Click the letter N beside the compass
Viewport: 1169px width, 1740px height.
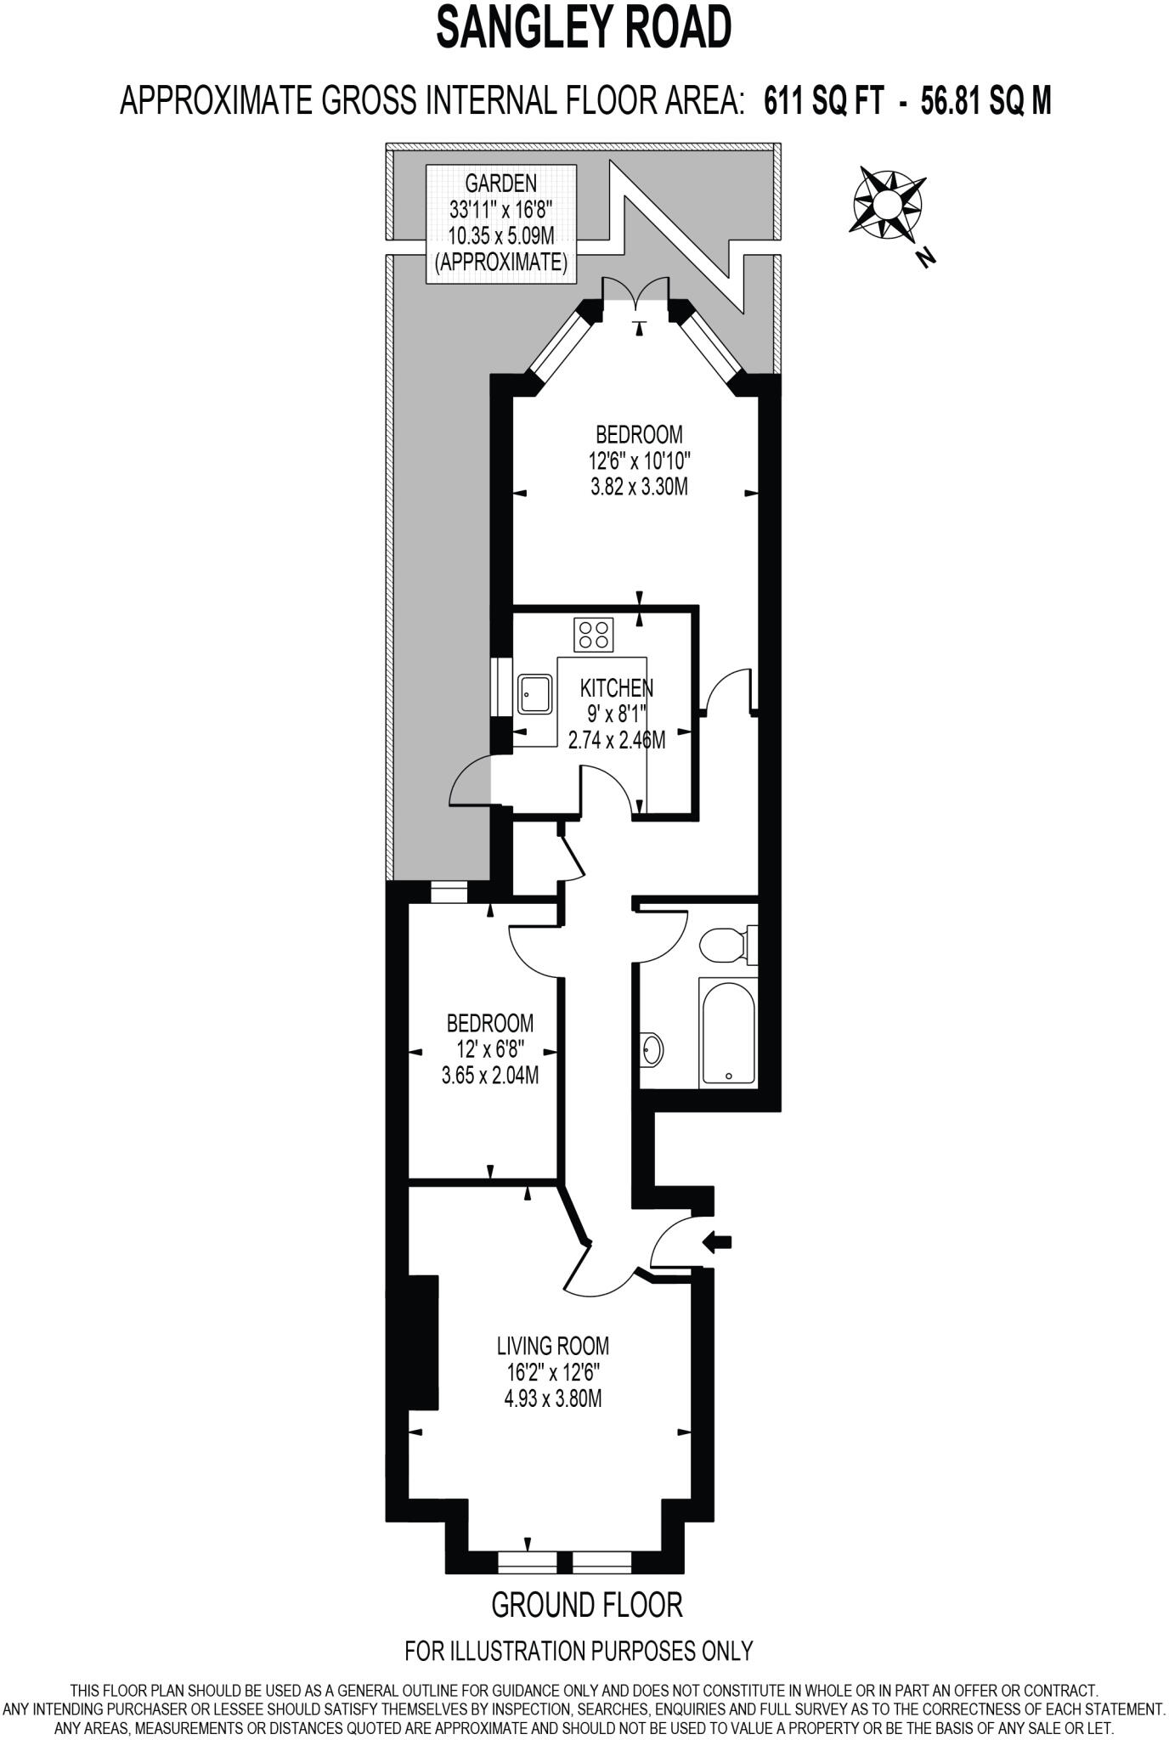(926, 257)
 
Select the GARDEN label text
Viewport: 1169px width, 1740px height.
(500, 183)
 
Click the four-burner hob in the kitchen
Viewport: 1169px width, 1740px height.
(594, 635)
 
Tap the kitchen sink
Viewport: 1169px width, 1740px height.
(535, 695)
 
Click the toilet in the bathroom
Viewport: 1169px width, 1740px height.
(725, 944)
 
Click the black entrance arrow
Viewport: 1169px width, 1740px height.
(718, 1242)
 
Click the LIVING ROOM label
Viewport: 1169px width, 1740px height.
(553, 1346)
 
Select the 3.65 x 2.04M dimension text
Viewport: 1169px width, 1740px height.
(490, 1076)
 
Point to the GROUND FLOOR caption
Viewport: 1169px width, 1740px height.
(587, 1605)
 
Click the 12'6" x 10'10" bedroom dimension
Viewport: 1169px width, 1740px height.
(639, 462)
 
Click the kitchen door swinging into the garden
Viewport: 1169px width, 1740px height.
(472, 782)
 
